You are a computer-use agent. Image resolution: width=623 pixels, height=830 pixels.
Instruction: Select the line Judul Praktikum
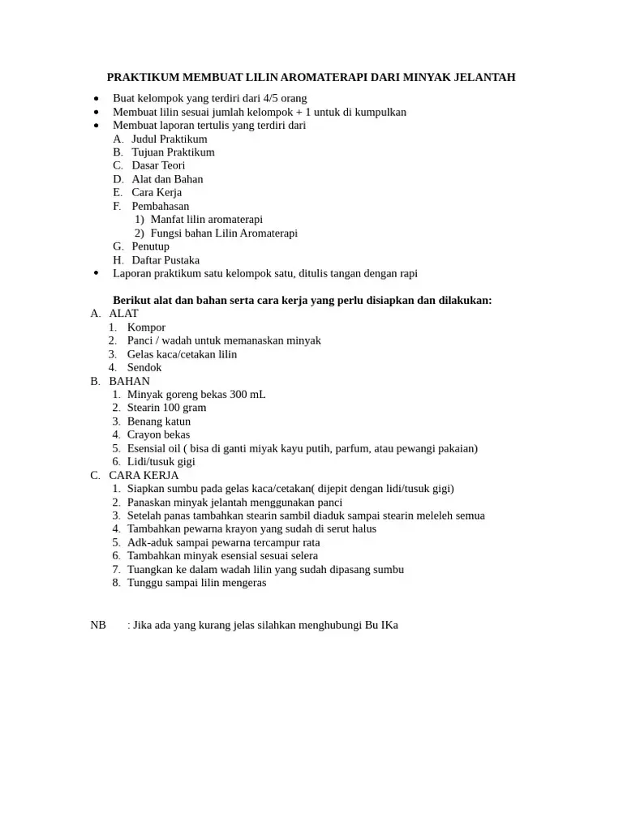coord(169,139)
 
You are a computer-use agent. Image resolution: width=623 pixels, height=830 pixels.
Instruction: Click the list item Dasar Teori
coord(158,166)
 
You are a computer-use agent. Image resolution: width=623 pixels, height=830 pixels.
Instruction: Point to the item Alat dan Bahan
coord(167,179)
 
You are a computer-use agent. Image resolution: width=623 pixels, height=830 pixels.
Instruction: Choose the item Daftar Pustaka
coord(165,260)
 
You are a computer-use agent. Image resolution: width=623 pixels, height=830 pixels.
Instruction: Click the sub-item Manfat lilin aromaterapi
coord(206,220)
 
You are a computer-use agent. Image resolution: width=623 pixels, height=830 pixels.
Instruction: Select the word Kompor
coord(146,327)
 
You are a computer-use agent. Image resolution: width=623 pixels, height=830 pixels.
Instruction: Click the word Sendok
coord(144,368)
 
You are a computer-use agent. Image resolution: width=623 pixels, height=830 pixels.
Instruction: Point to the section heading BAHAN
coord(129,381)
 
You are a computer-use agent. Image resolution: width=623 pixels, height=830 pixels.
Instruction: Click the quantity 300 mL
coord(247,395)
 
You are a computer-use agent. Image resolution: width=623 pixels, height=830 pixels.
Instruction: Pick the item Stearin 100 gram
coord(166,408)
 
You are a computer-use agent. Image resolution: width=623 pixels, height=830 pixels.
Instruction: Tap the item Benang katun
coord(159,421)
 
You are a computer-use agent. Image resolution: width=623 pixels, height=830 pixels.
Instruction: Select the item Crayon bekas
coord(158,435)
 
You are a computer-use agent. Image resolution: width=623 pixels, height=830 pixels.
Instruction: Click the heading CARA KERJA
coord(144,476)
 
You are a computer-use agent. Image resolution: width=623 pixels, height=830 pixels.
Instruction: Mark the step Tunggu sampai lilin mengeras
coord(196,583)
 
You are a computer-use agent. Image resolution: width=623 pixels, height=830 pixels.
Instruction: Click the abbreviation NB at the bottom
coord(98,626)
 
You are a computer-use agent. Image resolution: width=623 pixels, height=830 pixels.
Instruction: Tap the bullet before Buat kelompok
coord(96,99)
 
